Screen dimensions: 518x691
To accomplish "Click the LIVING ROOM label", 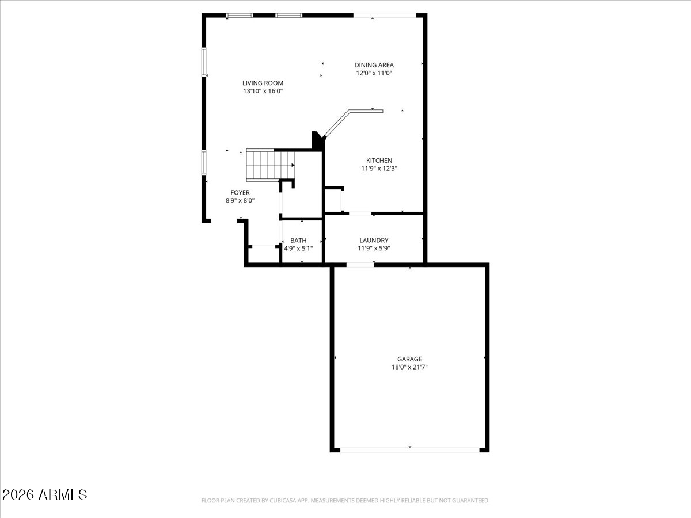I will tap(263, 83).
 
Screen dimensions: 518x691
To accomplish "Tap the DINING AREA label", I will tap(374, 65).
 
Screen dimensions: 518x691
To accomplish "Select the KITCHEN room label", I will tap(379, 161).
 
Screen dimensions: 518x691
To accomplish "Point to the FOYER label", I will tap(240, 192).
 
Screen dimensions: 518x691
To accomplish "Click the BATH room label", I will tap(298, 241).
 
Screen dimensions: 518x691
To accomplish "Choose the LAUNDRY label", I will tap(374, 241).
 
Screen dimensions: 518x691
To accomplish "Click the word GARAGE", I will tap(409, 359).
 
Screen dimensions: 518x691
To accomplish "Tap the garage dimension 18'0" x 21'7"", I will tap(409, 367).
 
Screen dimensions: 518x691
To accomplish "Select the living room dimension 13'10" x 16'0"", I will tap(263, 91).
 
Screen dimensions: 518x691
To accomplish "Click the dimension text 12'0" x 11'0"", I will tap(374, 73).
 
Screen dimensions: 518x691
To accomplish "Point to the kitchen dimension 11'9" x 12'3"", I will tap(379, 169).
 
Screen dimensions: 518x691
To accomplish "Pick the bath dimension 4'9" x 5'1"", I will tap(298, 249).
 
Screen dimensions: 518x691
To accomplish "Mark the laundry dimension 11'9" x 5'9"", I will tap(374, 249).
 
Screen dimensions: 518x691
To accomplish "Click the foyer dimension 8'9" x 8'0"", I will tap(240, 200).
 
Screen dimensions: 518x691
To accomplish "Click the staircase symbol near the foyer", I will tap(269, 165).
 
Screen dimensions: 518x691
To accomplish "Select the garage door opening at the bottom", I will tap(409, 449).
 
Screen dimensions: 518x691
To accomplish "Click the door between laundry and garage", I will tap(360, 265).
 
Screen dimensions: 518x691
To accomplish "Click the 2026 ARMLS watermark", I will tap(45, 494).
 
